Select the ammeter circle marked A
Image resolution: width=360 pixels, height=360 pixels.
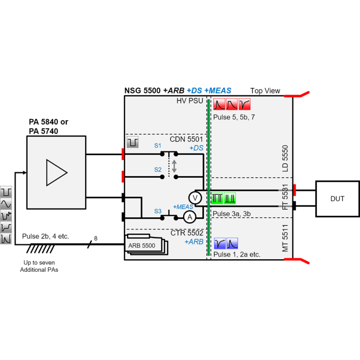[189, 217]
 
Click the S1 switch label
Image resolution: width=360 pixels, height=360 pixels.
[157, 146]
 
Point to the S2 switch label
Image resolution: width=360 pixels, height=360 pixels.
[157, 170]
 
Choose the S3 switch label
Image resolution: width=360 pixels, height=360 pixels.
[157, 211]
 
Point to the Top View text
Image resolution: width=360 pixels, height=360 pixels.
[265, 91]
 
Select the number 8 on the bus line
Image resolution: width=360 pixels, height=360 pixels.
[95, 238]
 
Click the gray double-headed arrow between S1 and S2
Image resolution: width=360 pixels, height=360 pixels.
[174, 165]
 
